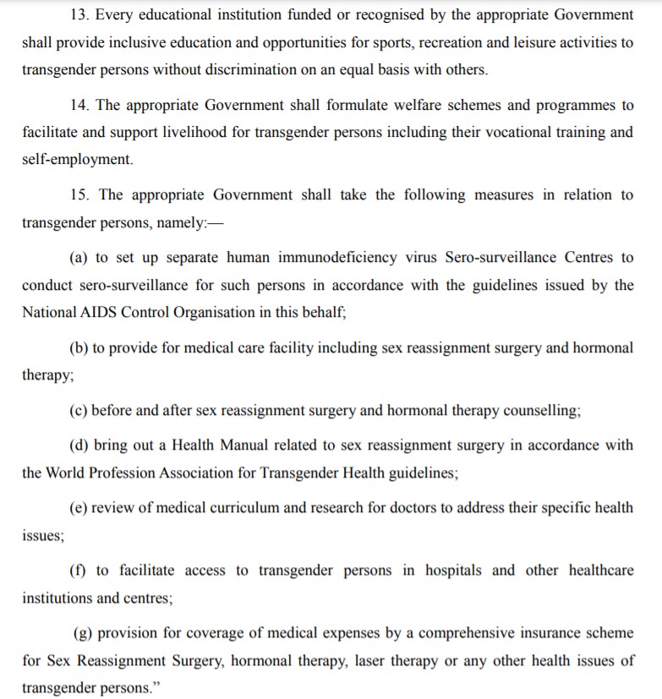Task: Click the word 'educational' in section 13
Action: tap(180, 15)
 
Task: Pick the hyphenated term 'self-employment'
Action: tap(77, 160)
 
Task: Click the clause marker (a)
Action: tap(79, 257)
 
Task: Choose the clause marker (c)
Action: tap(79, 411)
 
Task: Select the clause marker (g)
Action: tap(84, 633)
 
